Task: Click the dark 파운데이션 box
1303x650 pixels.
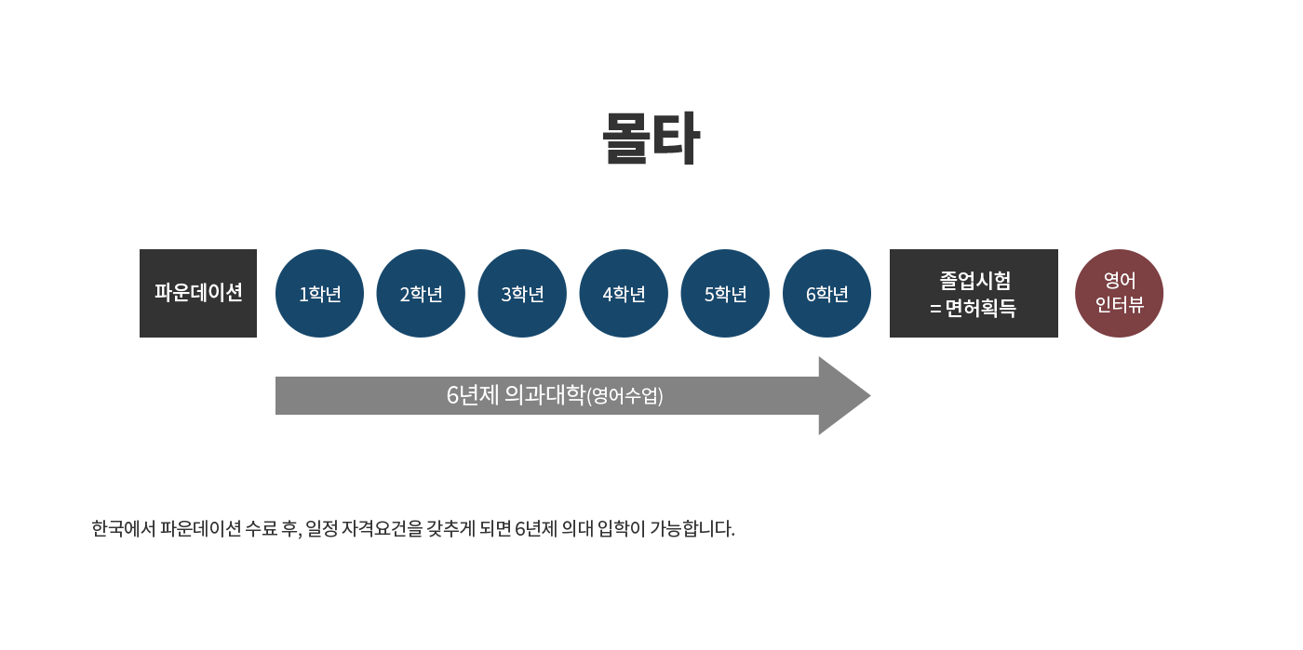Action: tap(198, 293)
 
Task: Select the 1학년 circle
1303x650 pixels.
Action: tap(319, 294)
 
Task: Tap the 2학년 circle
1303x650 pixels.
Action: tap(421, 294)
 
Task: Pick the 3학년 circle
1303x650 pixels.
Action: tap(522, 294)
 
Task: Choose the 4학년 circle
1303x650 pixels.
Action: tap(624, 294)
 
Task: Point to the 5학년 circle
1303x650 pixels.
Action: tap(725, 294)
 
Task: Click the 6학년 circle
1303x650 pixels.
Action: tap(826, 294)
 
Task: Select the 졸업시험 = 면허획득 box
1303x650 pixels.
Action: tap(974, 293)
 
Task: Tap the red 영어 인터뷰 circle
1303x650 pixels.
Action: tap(1119, 294)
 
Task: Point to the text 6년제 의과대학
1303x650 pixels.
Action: tap(516, 395)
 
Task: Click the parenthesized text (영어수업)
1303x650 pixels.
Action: tap(625, 396)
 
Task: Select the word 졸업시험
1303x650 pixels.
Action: tap(974, 280)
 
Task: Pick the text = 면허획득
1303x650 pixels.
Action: tap(974, 308)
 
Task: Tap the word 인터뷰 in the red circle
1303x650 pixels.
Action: tap(1119, 305)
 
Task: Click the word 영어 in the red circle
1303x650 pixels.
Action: tap(1119, 281)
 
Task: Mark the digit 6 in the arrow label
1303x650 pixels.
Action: tap(452, 395)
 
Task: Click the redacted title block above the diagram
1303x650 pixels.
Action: tap(653, 138)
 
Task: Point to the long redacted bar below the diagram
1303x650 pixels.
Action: tap(419, 529)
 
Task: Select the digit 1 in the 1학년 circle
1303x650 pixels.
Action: tap(303, 295)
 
